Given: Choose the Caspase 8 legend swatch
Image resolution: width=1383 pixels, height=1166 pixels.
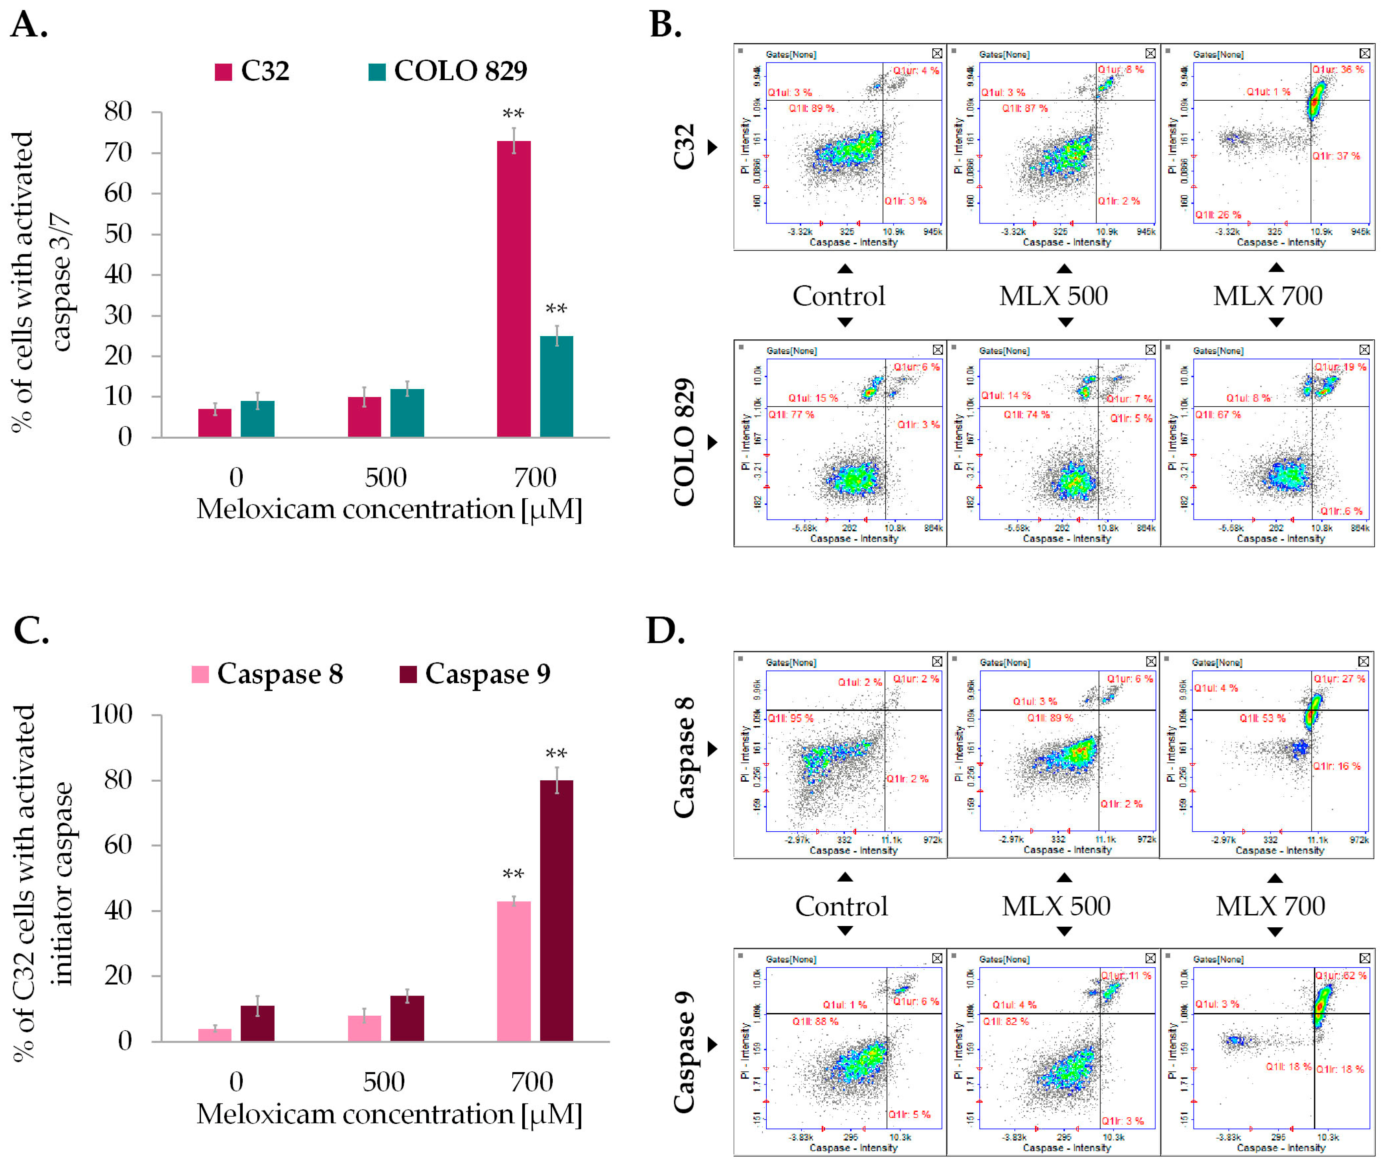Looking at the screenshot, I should coord(200,674).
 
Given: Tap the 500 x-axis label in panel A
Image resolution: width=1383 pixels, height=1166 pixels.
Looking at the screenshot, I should coord(385,477).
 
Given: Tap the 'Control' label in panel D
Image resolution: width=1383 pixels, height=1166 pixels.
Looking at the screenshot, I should coord(841,906).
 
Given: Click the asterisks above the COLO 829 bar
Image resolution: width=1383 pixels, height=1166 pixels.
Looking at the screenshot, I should coord(556,309).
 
